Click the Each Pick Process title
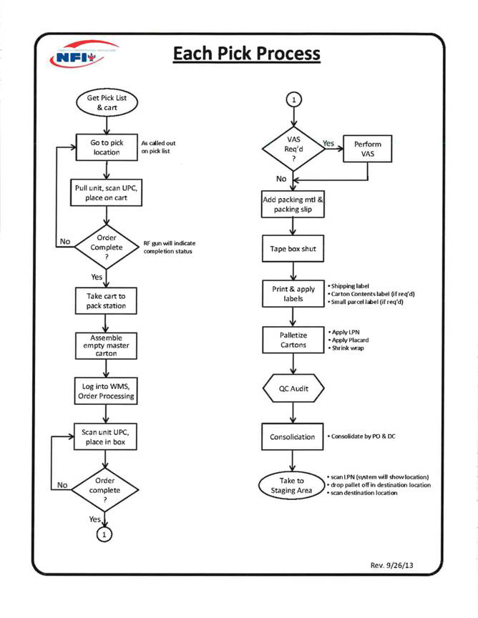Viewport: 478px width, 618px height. [246, 54]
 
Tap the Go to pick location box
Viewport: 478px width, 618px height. [107, 148]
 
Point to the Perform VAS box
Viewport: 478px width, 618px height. [368, 149]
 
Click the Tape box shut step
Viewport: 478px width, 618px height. [292, 249]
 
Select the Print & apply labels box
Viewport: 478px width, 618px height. [292, 294]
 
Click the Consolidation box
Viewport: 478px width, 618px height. [292, 436]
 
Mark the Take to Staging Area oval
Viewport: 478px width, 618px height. [291, 486]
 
